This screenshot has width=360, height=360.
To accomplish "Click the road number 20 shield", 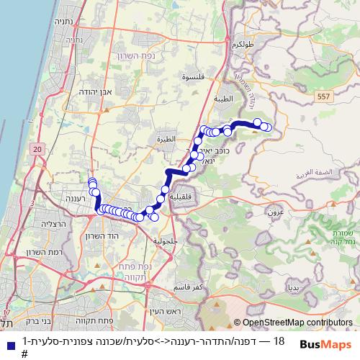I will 39,148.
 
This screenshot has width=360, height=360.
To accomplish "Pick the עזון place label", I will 276,213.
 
